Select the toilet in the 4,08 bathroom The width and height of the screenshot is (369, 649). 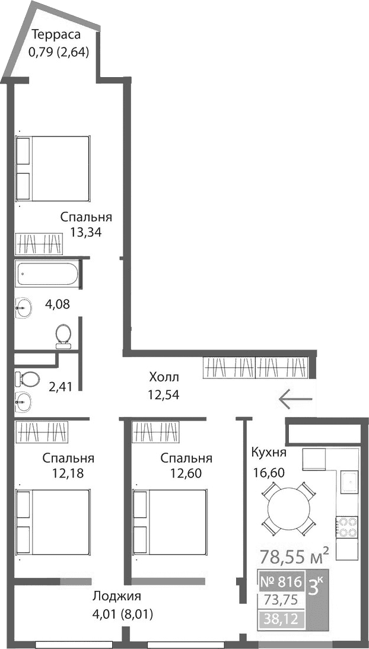coord(63,336)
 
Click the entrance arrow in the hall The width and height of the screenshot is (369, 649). coord(295,400)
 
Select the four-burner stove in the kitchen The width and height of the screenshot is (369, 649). coord(346,524)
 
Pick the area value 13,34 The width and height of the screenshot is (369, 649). coord(86,233)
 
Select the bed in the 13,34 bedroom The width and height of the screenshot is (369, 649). coord(53,168)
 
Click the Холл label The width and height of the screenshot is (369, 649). coord(164,377)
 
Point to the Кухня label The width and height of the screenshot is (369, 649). coord(269,453)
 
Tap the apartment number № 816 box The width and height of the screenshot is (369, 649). coord(282,581)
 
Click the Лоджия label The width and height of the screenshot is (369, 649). coord(117,597)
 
